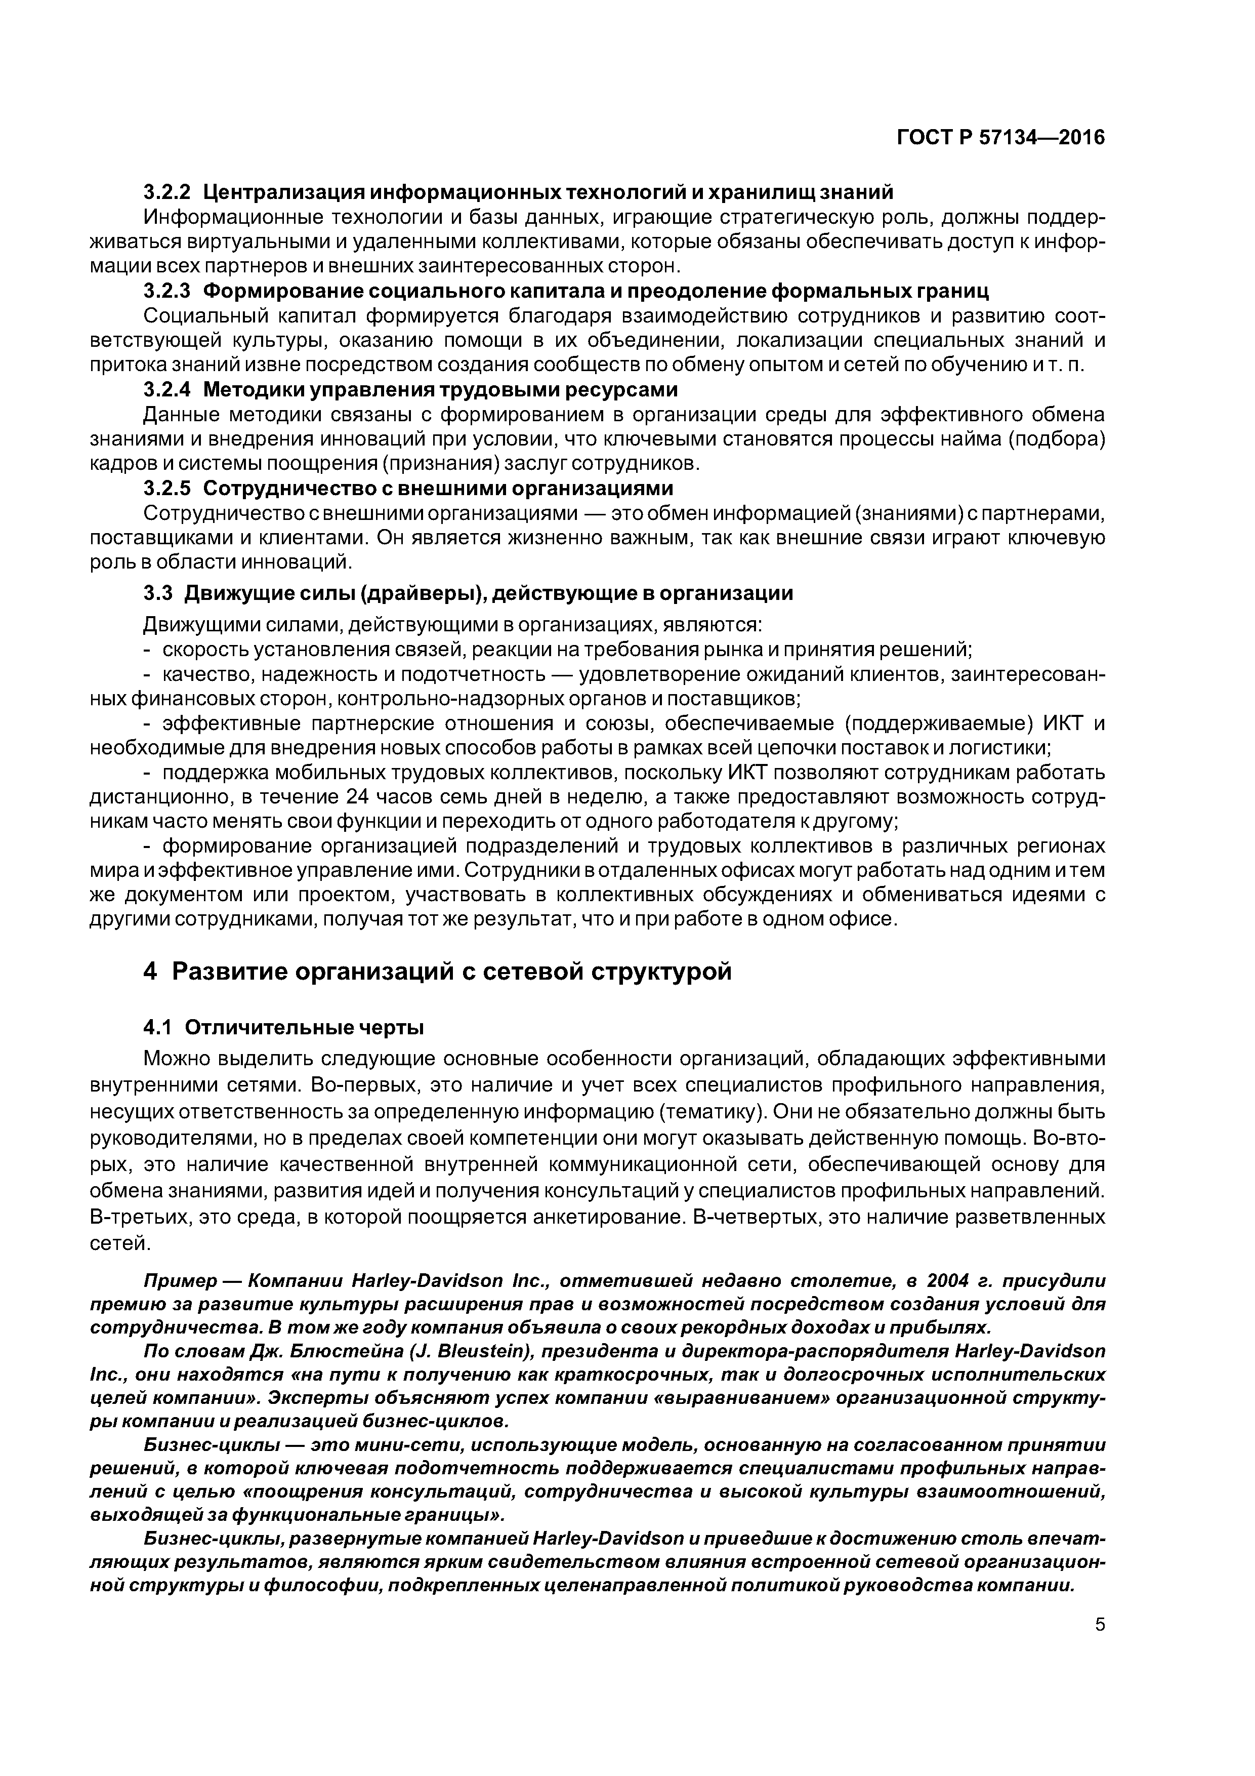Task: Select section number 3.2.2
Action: click(167, 191)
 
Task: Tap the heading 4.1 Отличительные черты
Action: click(284, 1028)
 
